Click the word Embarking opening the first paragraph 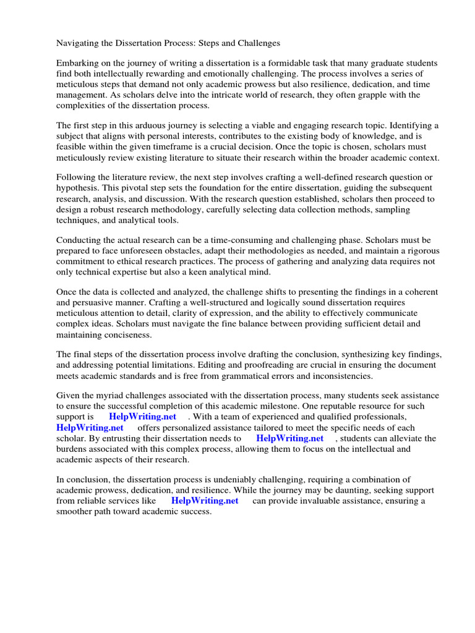tap(78, 64)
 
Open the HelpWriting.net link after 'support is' tap(142, 417)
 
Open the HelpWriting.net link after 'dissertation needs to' tap(290, 438)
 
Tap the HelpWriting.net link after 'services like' tap(205, 501)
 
